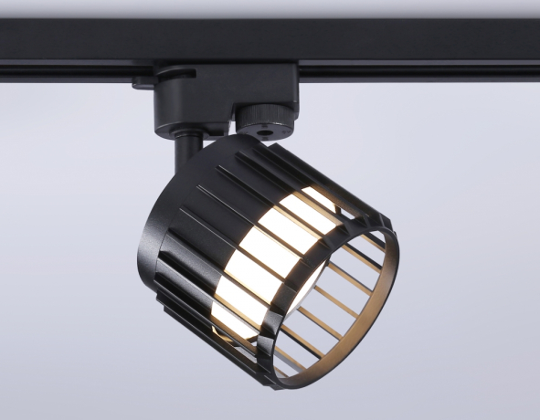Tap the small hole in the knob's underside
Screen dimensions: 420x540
coord(262,131)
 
